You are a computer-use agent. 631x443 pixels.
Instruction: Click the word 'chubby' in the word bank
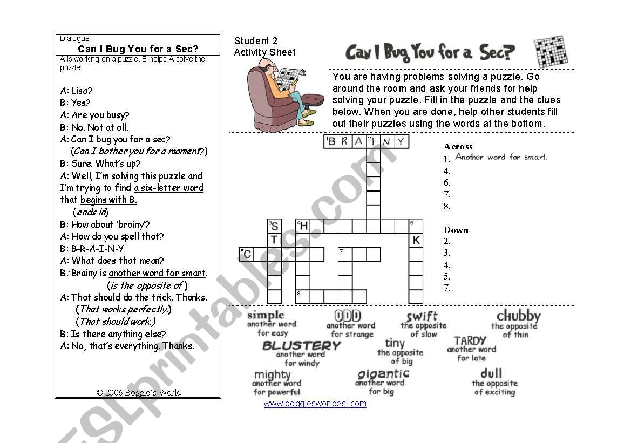point(518,316)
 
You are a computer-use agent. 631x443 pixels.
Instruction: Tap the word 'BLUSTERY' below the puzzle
point(301,345)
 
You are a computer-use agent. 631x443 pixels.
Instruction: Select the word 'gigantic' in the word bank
point(383,374)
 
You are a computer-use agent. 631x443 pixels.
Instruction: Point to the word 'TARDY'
point(470,341)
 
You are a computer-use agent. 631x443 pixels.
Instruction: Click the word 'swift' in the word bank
point(422,316)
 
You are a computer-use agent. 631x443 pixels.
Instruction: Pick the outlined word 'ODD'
point(348,315)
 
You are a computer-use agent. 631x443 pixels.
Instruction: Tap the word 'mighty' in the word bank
point(273,374)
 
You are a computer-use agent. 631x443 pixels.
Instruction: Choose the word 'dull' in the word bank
point(491,373)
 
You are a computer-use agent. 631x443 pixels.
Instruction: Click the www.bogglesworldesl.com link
point(315,403)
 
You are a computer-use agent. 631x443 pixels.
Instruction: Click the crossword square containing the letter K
point(416,240)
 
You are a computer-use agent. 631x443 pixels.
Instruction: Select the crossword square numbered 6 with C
point(246,254)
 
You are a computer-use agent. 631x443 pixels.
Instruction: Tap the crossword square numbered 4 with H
point(303,226)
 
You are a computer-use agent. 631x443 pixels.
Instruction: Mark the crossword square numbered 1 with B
point(331,141)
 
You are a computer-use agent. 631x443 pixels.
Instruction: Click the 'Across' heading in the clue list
point(458,146)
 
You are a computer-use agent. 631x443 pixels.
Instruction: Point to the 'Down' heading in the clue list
point(456,230)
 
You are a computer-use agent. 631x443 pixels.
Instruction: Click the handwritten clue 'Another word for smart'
point(501,157)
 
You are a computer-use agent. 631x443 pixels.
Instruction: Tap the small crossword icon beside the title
point(550,52)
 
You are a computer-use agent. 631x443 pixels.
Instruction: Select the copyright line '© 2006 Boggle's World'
point(138,393)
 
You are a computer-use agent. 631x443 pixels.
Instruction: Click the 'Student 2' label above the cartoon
point(255,41)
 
